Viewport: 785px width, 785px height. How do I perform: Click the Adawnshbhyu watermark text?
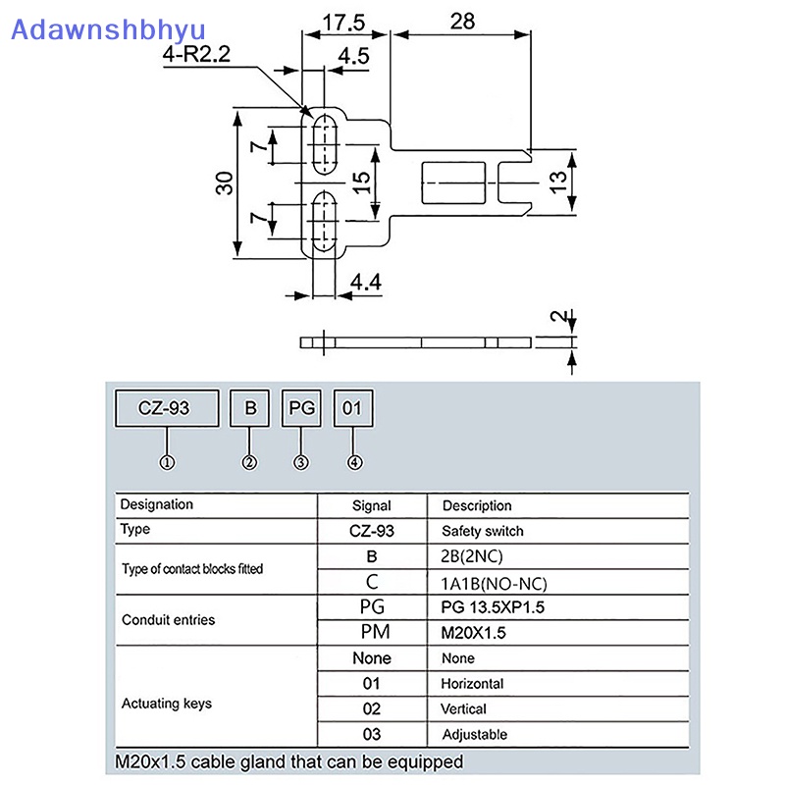click(108, 30)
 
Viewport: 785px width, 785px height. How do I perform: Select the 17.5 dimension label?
click(343, 23)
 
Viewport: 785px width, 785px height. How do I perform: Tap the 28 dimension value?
click(462, 22)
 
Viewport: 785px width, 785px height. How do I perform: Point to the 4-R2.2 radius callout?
click(196, 54)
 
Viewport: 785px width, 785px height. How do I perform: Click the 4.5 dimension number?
click(353, 56)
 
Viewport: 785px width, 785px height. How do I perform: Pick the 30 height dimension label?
click(225, 183)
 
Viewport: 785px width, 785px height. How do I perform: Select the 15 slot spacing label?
click(361, 183)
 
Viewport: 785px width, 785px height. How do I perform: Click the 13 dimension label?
click(557, 183)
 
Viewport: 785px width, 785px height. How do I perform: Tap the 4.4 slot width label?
click(365, 283)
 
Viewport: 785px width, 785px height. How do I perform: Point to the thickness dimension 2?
click(557, 316)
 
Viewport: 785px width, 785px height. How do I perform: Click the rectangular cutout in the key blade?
click(453, 183)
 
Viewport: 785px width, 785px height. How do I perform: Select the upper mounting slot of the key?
click(325, 144)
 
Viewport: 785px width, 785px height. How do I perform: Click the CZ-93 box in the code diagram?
click(167, 408)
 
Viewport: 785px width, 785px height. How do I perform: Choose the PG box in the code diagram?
click(301, 408)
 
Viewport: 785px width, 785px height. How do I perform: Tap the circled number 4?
click(354, 462)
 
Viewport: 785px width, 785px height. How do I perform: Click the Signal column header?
click(372, 505)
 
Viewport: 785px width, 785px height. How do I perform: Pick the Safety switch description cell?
click(483, 531)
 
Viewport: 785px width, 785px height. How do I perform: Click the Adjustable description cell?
click(475, 734)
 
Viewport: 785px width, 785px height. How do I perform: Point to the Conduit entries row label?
click(168, 620)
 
